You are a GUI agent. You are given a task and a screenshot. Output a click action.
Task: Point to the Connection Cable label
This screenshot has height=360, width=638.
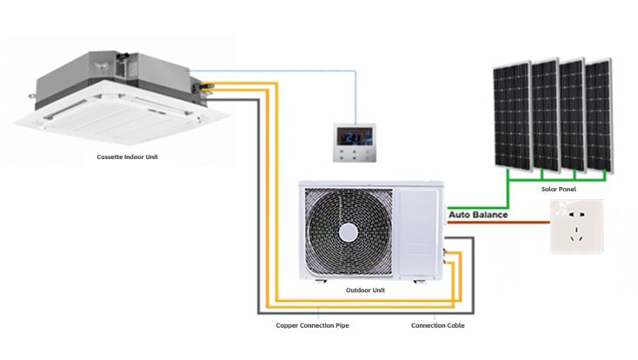point(437,325)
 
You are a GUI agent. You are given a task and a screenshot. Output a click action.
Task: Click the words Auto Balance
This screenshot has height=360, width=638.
point(478,214)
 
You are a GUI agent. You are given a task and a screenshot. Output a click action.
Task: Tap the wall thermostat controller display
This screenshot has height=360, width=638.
point(353,137)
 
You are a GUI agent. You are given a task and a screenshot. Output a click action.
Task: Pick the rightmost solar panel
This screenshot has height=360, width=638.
point(599,116)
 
